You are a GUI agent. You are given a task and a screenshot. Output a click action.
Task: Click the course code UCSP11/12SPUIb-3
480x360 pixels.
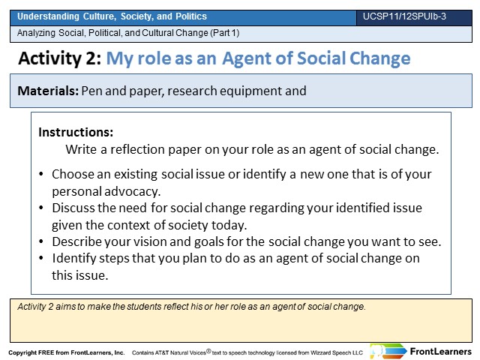click(404, 16)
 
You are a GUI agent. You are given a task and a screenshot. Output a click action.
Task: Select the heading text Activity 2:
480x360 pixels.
click(60, 58)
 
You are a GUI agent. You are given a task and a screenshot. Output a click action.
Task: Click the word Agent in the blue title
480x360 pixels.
click(247, 59)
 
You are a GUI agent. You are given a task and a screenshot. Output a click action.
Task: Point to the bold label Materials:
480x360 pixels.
click(48, 91)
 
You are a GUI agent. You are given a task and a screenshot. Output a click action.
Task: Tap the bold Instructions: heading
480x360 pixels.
click(76, 132)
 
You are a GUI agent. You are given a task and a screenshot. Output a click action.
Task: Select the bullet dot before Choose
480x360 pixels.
click(41, 174)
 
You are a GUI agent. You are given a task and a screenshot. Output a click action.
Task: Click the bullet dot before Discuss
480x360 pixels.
click(41, 208)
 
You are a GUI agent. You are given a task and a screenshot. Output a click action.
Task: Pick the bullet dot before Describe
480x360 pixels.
click(41, 241)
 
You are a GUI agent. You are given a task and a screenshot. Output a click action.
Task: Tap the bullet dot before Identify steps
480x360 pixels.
click(41, 258)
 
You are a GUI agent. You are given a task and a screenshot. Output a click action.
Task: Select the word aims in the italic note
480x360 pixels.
click(65, 307)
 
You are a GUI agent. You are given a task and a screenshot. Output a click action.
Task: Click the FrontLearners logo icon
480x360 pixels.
click(388, 351)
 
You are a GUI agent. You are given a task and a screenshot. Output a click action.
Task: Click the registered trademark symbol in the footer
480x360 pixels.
click(208, 351)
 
